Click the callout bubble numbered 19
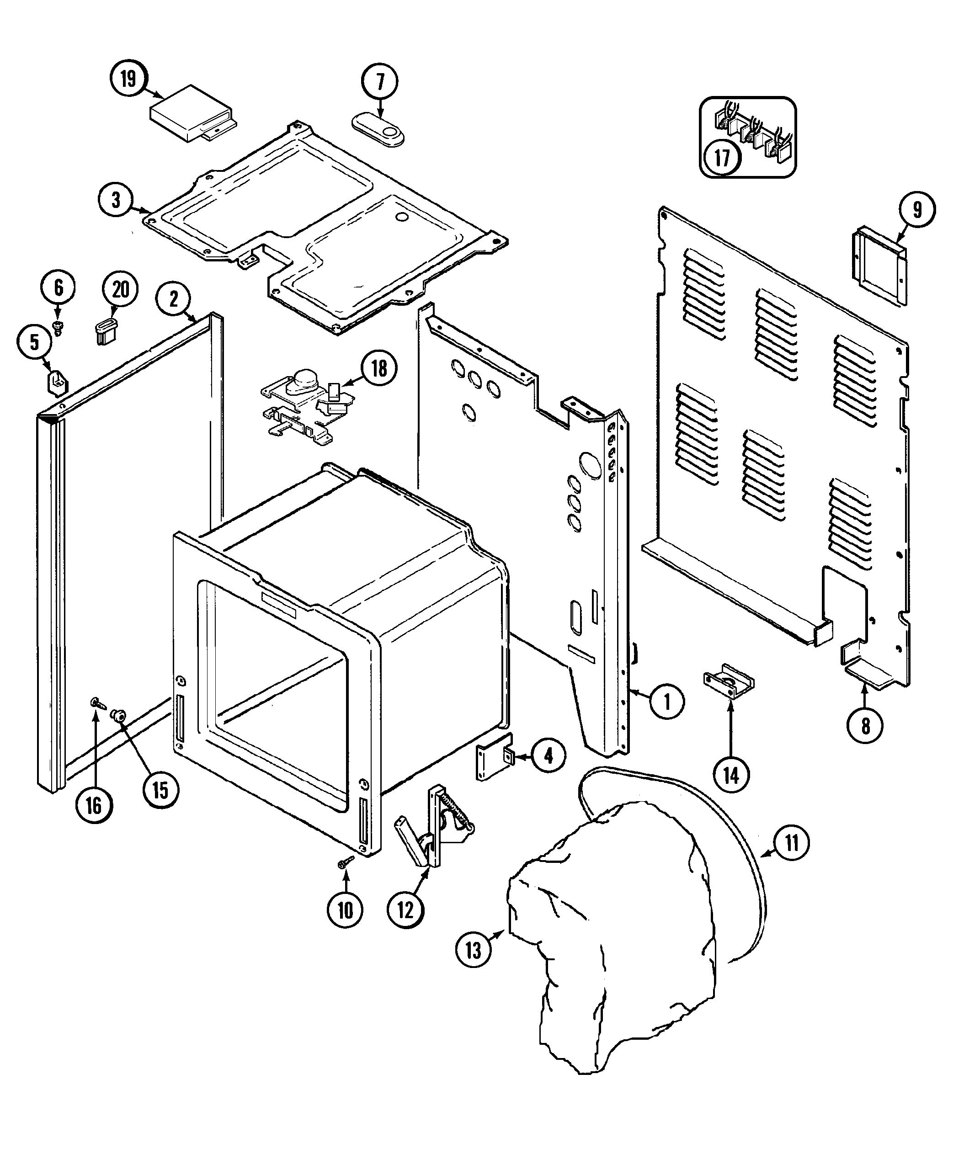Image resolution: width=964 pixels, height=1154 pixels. pos(128,79)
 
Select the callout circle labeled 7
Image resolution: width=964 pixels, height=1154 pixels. pos(380,82)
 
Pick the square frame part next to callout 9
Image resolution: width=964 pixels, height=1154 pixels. pos(879,266)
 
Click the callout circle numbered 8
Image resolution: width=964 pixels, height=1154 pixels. pos(866,726)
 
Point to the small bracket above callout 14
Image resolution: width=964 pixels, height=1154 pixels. pos(729,681)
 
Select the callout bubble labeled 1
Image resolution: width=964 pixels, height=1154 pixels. pos(667,702)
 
